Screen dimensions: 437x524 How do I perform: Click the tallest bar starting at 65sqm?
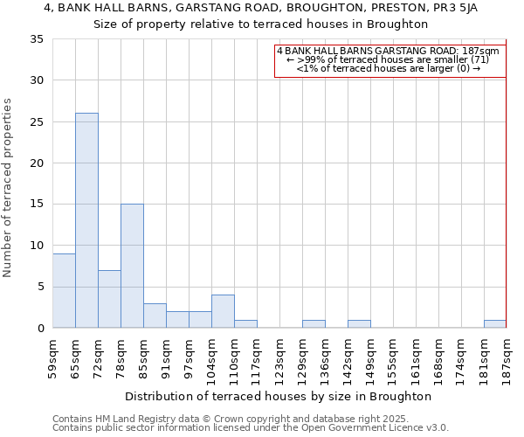pyautogui.click(x=86, y=220)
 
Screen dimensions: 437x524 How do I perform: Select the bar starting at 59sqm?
pyautogui.click(x=64, y=290)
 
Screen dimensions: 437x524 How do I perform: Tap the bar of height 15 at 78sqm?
pyautogui.click(x=132, y=266)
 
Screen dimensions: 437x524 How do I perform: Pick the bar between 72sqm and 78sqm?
pyautogui.click(x=109, y=299)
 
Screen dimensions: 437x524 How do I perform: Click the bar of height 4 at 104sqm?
pyautogui.click(x=223, y=311)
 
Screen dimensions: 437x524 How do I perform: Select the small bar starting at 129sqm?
pyautogui.click(x=314, y=323)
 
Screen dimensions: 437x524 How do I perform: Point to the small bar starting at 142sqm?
pyautogui.click(x=359, y=323)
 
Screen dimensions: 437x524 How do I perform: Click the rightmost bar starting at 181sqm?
pyautogui.click(x=495, y=323)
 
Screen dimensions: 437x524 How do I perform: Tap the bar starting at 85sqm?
pyautogui.click(x=155, y=316)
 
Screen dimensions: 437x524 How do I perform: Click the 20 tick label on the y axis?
pyautogui.click(x=37, y=163)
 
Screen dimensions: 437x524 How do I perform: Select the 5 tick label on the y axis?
pyautogui.click(x=40, y=288)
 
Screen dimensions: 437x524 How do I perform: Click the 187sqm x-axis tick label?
pyautogui.click(x=507, y=357)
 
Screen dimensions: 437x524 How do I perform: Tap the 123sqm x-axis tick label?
pyautogui.click(x=279, y=357)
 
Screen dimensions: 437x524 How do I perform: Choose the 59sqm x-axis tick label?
pyautogui.click(x=53, y=357)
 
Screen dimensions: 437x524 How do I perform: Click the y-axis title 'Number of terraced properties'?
pyautogui.click(x=9, y=187)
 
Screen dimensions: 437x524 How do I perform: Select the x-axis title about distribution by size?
pyautogui.click(x=279, y=397)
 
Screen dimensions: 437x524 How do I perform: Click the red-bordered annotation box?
pyautogui.click(x=390, y=61)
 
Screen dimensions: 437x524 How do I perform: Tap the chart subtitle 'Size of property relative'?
pyautogui.click(x=261, y=24)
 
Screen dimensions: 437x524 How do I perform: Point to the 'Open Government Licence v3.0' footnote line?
pyautogui.click(x=251, y=428)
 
